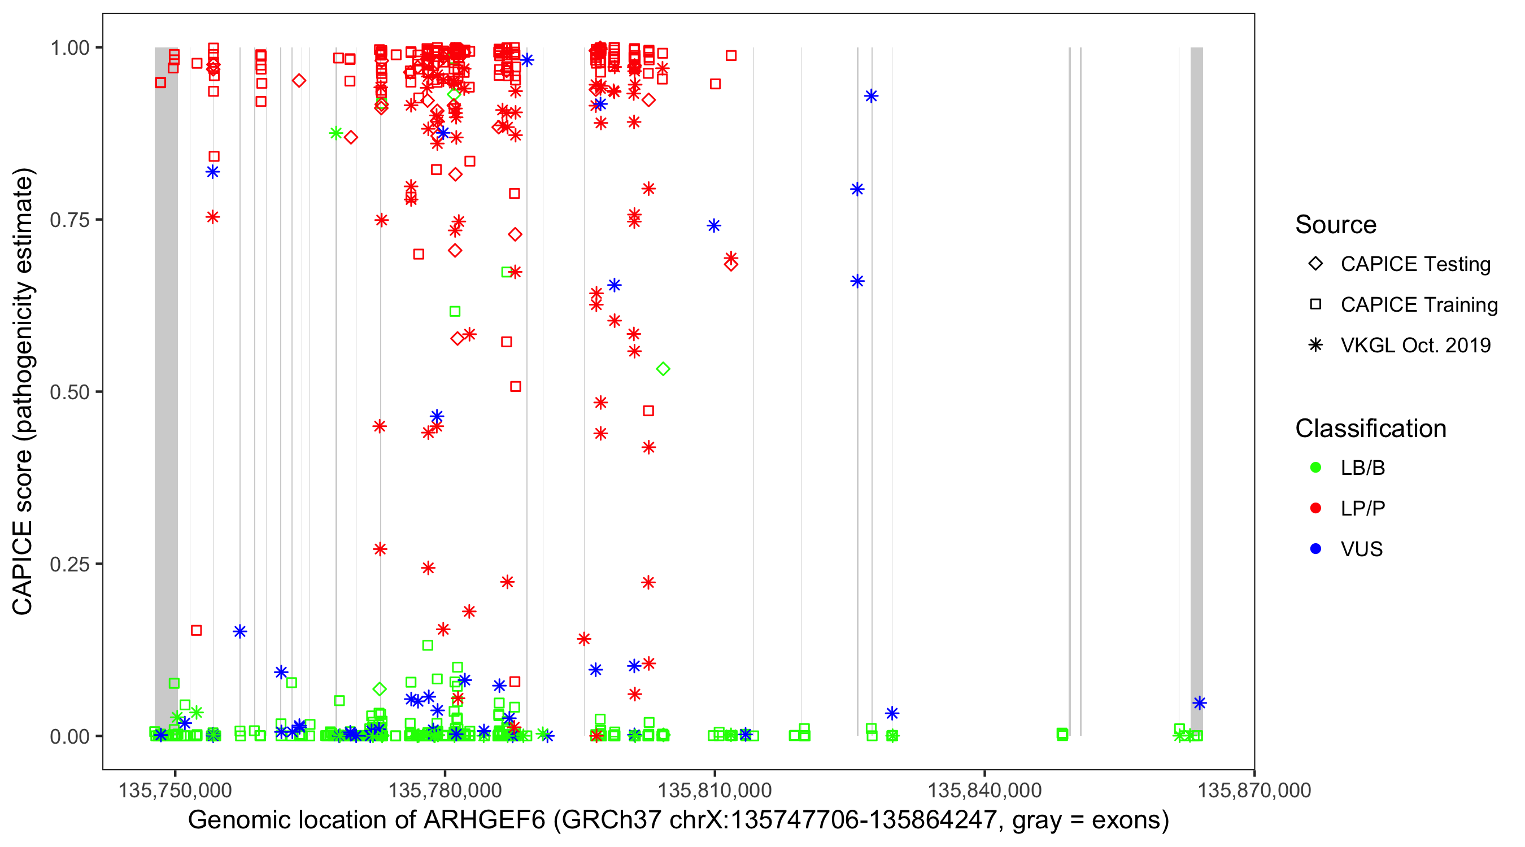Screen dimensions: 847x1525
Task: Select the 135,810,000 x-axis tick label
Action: tap(714, 790)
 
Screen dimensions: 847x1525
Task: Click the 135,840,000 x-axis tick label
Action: tap(984, 790)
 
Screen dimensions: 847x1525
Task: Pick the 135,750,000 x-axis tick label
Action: tap(175, 790)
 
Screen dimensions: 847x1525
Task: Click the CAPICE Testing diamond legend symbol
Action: tap(1315, 264)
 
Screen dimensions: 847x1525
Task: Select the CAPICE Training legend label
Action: tap(1419, 305)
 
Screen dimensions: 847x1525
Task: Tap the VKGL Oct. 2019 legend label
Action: tap(1415, 346)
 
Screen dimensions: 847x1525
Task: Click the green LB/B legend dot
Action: tap(1315, 468)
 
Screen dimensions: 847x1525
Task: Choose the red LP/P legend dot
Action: tap(1315, 508)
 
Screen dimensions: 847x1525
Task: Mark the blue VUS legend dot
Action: tap(1315, 549)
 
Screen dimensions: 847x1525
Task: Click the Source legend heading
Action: tap(1336, 225)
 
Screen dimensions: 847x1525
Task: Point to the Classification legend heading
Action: tap(1370, 429)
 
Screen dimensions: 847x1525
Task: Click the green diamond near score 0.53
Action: tap(663, 369)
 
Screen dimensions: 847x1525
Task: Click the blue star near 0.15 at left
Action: tap(239, 631)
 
